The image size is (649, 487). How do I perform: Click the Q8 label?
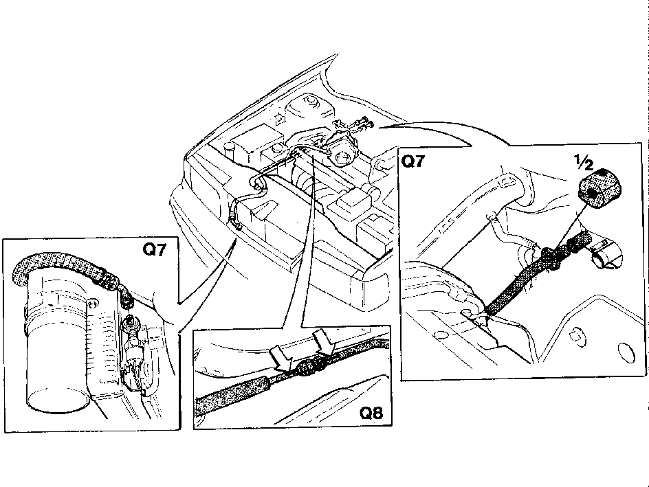tap(371, 413)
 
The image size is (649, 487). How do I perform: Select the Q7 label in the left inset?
tap(155, 249)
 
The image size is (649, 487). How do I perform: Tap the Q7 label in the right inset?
tap(413, 161)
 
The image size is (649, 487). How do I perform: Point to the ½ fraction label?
tap(584, 163)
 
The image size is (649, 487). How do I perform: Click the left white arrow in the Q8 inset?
tap(283, 355)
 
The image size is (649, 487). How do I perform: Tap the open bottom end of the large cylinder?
tap(58, 401)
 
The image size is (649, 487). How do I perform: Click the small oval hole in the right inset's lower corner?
tap(626, 353)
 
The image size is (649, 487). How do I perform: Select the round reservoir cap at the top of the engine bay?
tap(309, 101)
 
